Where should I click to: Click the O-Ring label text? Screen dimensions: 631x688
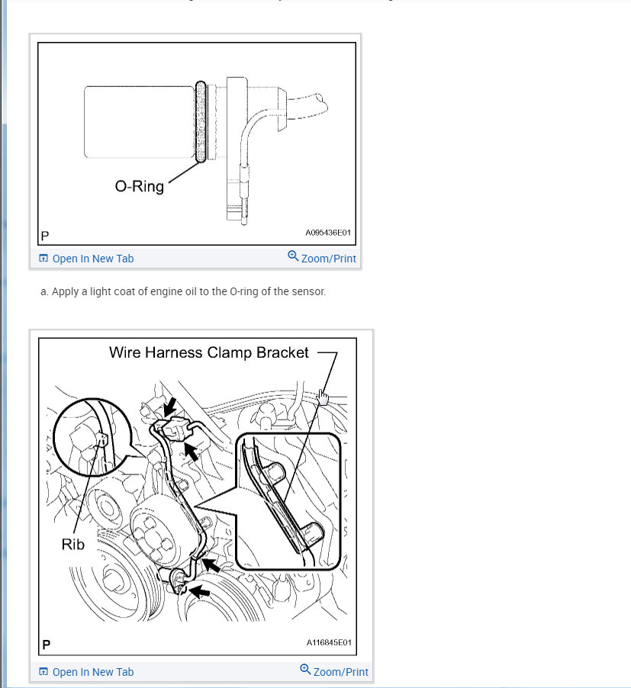[139, 186]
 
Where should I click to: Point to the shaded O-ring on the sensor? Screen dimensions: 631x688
[200, 121]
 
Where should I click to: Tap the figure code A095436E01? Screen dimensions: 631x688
[328, 233]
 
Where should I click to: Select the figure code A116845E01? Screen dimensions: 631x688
[329, 642]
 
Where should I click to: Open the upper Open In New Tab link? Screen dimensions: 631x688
[92, 259]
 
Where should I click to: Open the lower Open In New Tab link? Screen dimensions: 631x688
[92, 672]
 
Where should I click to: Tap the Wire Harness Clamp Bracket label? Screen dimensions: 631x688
[209, 353]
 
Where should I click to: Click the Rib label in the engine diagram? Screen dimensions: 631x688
[72, 545]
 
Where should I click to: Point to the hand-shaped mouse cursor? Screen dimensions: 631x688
[323, 397]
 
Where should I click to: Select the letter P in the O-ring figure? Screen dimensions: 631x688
[45, 236]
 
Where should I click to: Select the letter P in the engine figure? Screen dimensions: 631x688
[46, 645]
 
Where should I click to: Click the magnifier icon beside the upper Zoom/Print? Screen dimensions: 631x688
[293, 256]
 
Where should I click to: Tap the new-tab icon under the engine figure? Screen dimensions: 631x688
[43, 672]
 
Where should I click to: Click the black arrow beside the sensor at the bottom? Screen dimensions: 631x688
[200, 592]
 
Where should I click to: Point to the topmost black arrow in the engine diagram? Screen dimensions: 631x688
[169, 407]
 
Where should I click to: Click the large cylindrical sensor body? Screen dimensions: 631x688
[139, 122]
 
